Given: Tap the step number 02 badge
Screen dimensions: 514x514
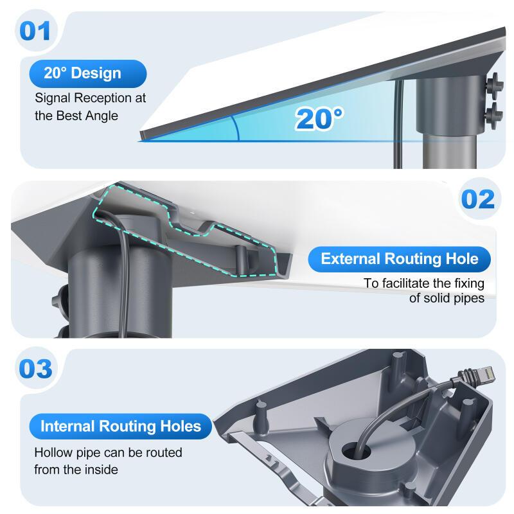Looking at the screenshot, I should pyautogui.click(x=478, y=199).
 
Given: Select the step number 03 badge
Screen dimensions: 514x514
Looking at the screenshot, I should pyautogui.click(x=35, y=369).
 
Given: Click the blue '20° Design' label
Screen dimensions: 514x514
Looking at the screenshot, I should pyautogui.click(x=83, y=73).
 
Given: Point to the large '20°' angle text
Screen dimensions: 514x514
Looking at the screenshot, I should pyautogui.click(x=319, y=118).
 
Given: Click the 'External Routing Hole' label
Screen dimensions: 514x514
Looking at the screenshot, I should pyautogui.click(x=399, y=259).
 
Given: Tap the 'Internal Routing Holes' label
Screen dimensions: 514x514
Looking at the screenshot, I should pyautogui.click(x=120, y=426).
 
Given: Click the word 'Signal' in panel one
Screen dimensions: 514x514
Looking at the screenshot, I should pyautogui.click(x=50, y=98).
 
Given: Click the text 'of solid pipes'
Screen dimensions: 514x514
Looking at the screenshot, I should pyautogui.click(x=447, y=299).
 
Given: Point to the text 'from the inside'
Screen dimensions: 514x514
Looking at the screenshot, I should pyautogui.click(x=76, y=470).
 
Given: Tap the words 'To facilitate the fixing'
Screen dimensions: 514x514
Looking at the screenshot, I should pyautogui.click(x=424, y=283).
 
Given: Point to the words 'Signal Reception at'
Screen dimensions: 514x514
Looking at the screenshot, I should pyautogui.click(x=90, y=98).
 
